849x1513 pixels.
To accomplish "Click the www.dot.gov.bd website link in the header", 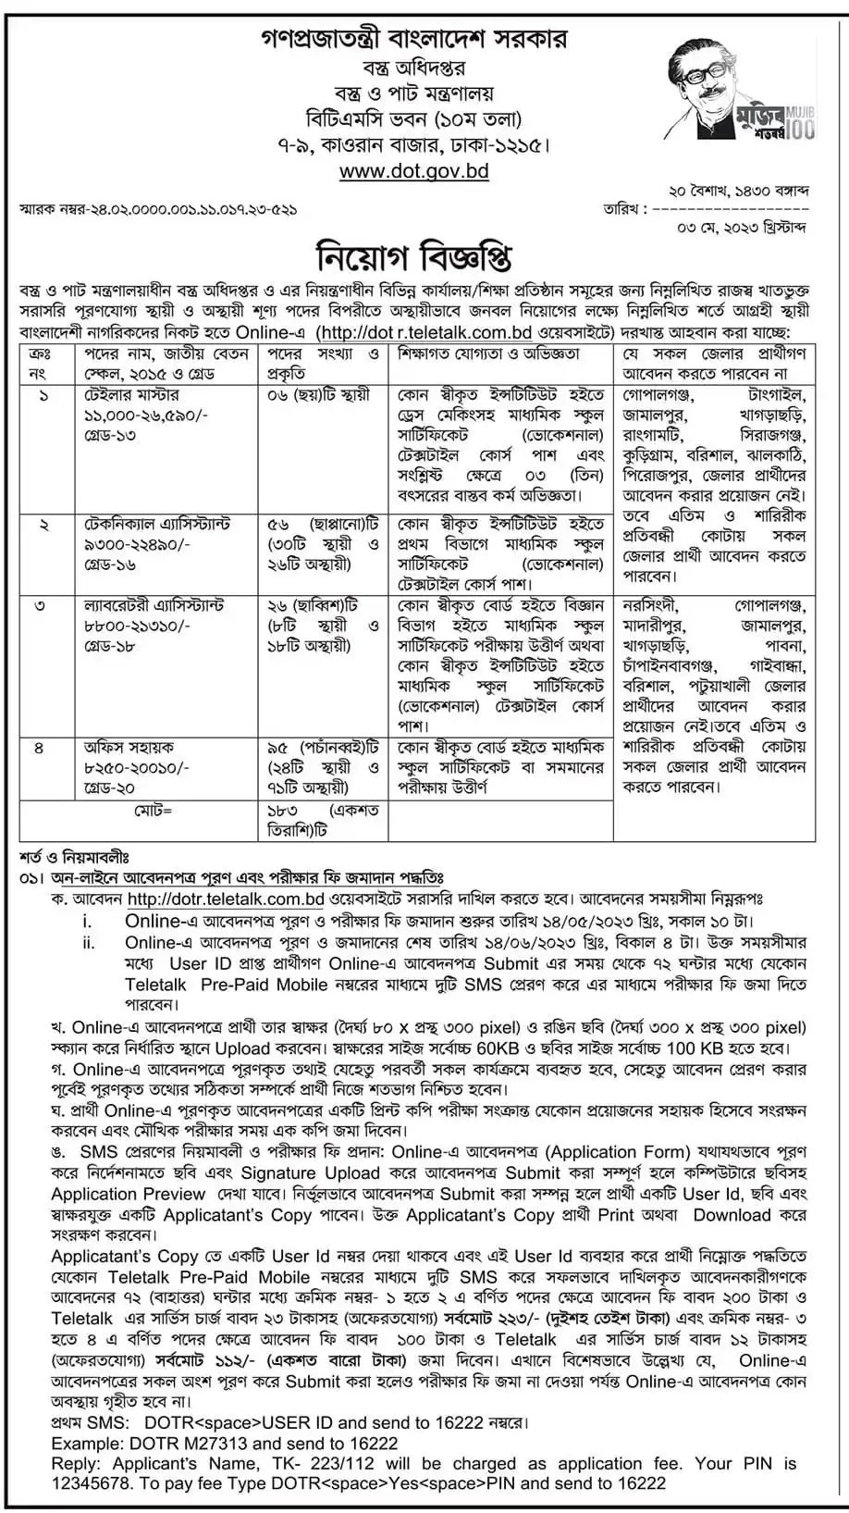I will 414,171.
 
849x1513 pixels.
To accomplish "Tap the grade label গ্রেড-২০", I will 110,788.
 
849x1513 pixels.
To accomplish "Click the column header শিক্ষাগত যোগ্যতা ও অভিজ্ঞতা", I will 488,354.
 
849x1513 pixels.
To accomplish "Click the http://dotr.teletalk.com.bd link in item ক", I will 225,899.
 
